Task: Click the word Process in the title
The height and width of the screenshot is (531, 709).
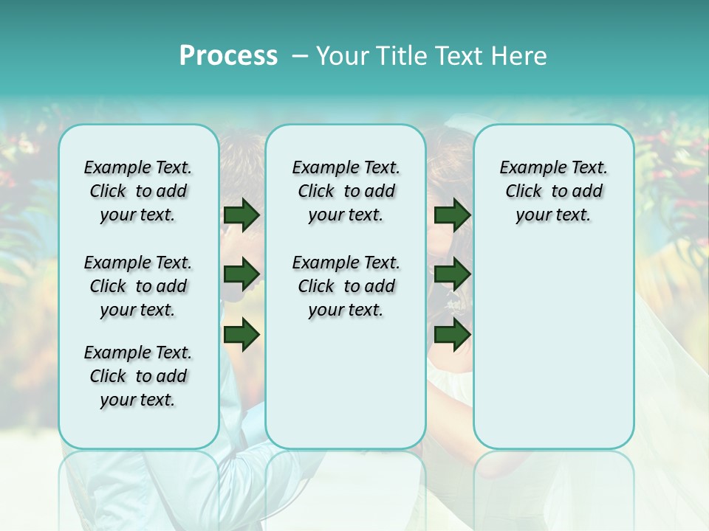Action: tap(228, 56)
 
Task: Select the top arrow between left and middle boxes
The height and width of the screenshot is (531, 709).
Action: tap(242, 215)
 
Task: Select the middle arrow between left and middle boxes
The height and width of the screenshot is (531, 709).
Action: tap(242, 275)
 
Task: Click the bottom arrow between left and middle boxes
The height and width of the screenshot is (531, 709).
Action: tap(242, 334)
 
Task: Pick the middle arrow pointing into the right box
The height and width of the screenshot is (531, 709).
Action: tap(452, 275)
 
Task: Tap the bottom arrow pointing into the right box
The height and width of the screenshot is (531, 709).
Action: tap(452, 334)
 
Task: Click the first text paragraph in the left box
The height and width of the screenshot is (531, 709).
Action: tap(138, 191)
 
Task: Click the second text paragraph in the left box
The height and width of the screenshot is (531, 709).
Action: tap(138, 286)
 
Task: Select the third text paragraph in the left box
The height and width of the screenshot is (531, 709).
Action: tap(138, 376)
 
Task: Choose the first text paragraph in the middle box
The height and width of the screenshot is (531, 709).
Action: tap(346, 191)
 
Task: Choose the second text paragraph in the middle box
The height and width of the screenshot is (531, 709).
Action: tap(346, 286)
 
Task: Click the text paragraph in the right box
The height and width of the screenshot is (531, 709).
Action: tap(553, 191)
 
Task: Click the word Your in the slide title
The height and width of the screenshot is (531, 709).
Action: tap(343, 56)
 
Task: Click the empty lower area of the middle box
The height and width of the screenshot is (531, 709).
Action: tap(346, 383)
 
